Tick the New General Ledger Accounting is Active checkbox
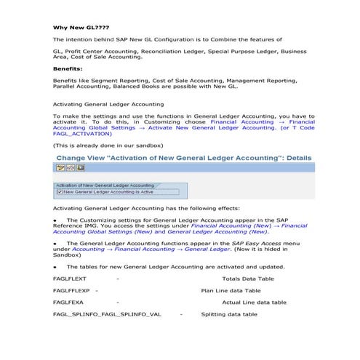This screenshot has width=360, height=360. pyautogui.click(x=60, y=192)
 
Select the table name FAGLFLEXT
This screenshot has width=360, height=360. pyautogui.click(x=69, y=279)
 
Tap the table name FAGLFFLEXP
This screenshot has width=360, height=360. pyautogui.click(x=71, y=290)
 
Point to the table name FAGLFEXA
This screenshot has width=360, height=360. pyautogui.click(x=68, y=302)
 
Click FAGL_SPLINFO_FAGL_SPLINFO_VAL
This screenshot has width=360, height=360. pyautogui.click(x=107, y=314)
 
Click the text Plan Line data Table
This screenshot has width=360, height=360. pyautogui.click(x=231, y=290)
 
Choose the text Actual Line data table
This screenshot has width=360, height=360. pyautogui.click(x=254, y=302)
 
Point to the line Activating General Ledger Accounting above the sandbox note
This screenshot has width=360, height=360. pyautogui.click(x=108, y=105)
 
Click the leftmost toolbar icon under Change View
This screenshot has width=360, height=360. pyautogui.click(x=60, y=168)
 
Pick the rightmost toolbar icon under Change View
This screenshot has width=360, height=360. pyautogui.click(x=80, y=168)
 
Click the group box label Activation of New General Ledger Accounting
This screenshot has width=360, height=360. pyautogui.click(x=105, y=185)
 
